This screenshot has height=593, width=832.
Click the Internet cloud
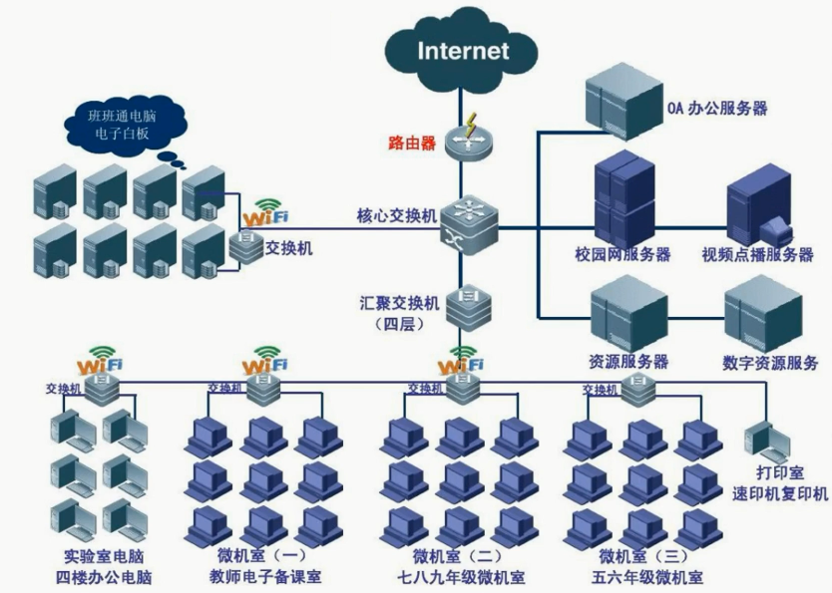point(463,51)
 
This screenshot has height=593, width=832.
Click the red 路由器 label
point(412,143)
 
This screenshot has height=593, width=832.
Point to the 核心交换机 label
point(396,215)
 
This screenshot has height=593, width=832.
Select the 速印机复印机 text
point(780,493)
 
